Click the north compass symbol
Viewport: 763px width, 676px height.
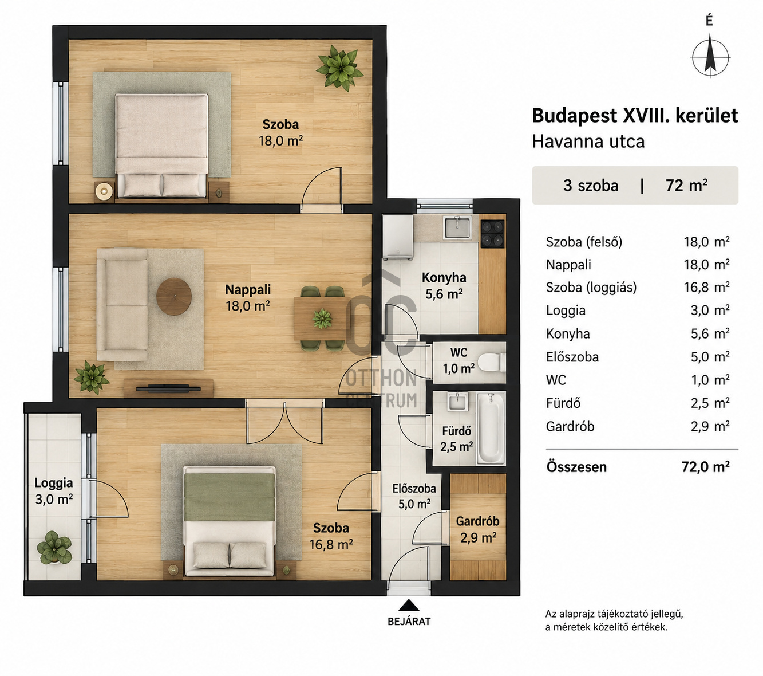710,58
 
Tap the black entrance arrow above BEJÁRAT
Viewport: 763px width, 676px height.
409,606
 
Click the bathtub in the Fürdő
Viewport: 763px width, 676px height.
491,429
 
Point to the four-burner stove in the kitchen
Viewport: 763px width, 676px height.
493,233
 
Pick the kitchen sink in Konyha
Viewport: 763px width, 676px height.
457,228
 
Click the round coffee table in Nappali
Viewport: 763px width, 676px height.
173,296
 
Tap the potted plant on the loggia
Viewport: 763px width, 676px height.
55,547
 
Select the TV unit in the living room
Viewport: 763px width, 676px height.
168,388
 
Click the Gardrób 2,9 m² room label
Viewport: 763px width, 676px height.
477,529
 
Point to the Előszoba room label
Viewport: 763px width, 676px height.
414,489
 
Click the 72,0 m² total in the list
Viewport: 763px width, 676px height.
705,467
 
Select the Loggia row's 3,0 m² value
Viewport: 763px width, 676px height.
710,311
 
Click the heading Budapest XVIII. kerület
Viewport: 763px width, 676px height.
635,116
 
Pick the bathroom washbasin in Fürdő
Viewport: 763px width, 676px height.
457,402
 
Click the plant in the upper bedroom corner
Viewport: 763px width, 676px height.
339,68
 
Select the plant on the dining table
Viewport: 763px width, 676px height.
322,319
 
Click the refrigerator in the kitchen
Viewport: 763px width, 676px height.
398,237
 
